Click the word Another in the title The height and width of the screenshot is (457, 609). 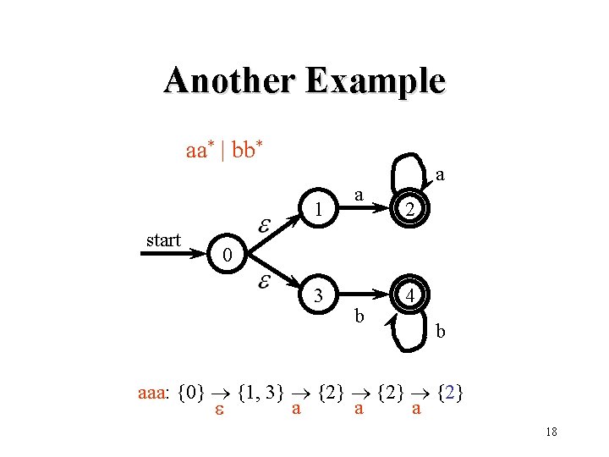coord(231,81)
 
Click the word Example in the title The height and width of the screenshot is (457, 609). coord(376,81)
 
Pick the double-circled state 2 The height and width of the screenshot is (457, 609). coord(409,211)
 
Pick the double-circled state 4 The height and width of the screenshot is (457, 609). coord(409,297)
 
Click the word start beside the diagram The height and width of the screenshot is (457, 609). coord(163,240)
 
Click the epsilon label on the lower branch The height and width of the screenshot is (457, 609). coord(263,281)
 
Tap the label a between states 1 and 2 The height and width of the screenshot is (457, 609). coord(359,195)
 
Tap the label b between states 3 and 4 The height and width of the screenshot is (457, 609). coord(359,317)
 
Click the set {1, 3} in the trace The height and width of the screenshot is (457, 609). coord(261,394)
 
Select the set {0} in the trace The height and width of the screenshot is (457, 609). coord(193,394)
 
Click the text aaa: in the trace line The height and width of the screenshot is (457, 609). coord(154,394)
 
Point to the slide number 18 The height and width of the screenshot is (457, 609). coord(551,432)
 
